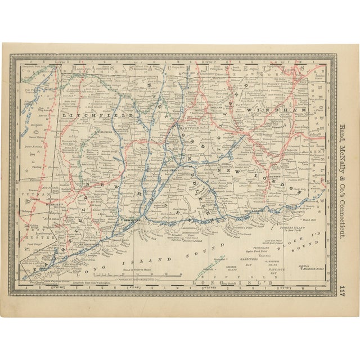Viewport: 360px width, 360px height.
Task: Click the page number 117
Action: click(x=342, y=291)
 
